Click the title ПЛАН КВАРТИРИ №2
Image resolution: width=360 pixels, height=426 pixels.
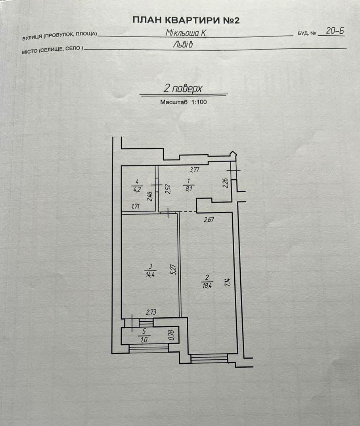186,20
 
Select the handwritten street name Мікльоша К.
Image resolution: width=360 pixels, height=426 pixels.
186,33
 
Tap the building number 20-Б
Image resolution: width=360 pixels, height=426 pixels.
335,31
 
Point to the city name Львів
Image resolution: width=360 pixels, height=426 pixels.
183,44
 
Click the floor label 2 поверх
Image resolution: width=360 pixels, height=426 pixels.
183,88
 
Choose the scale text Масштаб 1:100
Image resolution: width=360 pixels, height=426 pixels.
183,102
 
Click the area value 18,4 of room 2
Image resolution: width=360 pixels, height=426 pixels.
207,286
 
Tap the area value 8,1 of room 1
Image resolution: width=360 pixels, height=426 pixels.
189,188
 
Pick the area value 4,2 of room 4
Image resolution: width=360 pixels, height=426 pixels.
137,189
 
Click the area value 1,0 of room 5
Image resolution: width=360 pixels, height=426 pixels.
144,339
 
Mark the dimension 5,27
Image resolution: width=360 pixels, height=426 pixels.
174,269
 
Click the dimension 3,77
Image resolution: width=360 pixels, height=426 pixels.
194,170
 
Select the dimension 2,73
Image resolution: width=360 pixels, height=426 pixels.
151,313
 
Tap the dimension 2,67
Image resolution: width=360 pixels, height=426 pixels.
209,219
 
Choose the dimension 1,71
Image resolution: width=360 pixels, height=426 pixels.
135,207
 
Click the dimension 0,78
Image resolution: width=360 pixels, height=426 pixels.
171,335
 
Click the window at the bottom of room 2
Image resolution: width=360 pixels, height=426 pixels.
209,358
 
